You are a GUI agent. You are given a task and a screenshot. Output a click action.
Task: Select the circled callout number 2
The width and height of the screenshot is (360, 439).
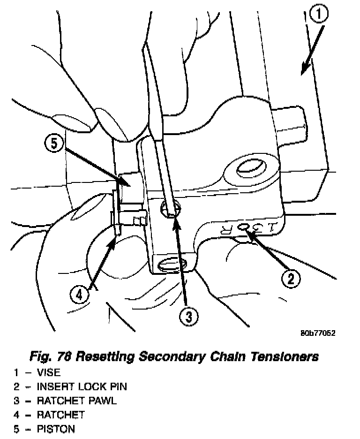coord(291,279)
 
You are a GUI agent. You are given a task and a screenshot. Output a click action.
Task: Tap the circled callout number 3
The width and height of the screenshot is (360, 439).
coord(188,317)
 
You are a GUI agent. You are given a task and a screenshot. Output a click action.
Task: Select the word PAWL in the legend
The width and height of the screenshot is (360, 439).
coord(101,401)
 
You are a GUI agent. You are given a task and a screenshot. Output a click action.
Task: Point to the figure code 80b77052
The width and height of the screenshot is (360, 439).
coord(318,333)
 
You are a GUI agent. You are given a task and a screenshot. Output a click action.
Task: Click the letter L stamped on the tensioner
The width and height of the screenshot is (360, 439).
coord(274,228)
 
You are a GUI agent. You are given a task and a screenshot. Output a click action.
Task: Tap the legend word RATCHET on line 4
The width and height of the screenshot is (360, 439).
coord(61,415)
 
